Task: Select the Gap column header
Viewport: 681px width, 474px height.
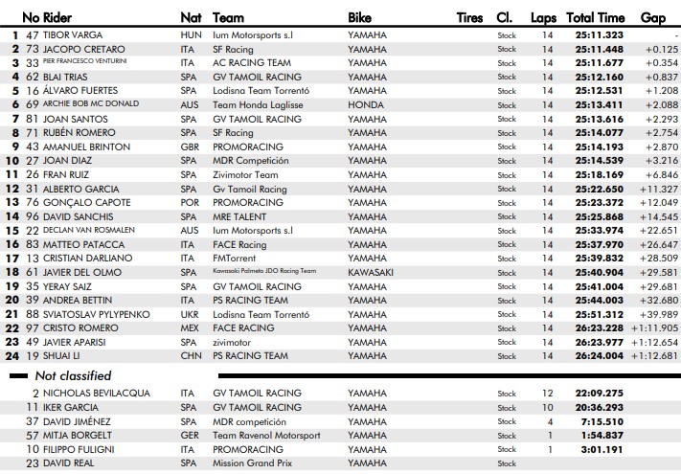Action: click(x=652, y=18)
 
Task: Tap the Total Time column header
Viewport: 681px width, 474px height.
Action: click(x=595, y=18)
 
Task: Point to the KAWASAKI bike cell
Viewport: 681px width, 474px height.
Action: click(x=371, y=272)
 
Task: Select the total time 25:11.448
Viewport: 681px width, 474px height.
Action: click(x=599, y=49)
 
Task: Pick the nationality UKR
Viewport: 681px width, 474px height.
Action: click(x=191, y=314)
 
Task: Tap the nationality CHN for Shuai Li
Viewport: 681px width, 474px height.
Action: click(x=192, y=356)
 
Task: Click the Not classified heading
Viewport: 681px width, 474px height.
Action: click(x=73, y=376)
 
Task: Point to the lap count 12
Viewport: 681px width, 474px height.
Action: click(x=547, y=394)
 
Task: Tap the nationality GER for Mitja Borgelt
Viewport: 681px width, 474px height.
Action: click(x=191, y=436)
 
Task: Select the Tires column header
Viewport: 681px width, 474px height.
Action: click(x=469, y=18)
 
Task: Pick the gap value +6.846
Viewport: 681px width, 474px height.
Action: click(x=661, y=175)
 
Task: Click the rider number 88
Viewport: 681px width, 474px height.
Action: click(x=33, y=314)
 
